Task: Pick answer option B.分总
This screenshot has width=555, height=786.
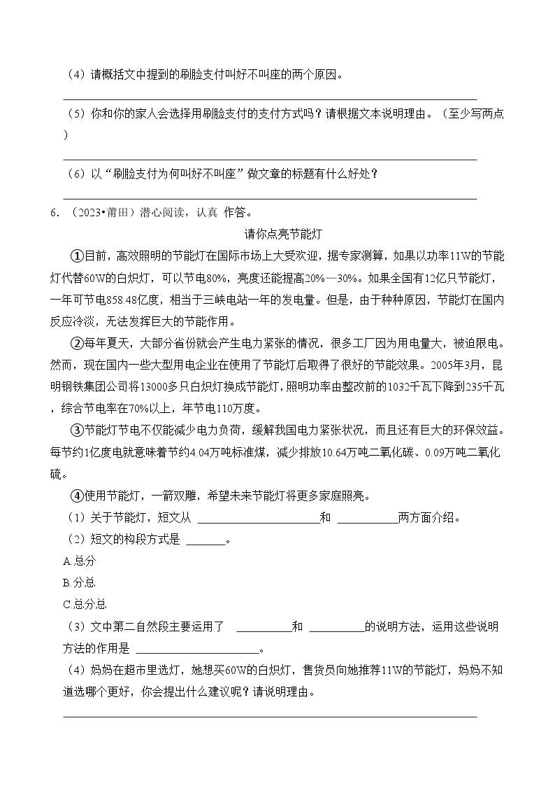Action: (x=79, y=582)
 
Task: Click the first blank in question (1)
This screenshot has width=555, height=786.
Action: (x=257, y=518)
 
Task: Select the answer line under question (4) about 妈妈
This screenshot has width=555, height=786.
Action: (x=270, y=716)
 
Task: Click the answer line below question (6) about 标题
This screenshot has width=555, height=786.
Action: (x=270, y=198)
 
